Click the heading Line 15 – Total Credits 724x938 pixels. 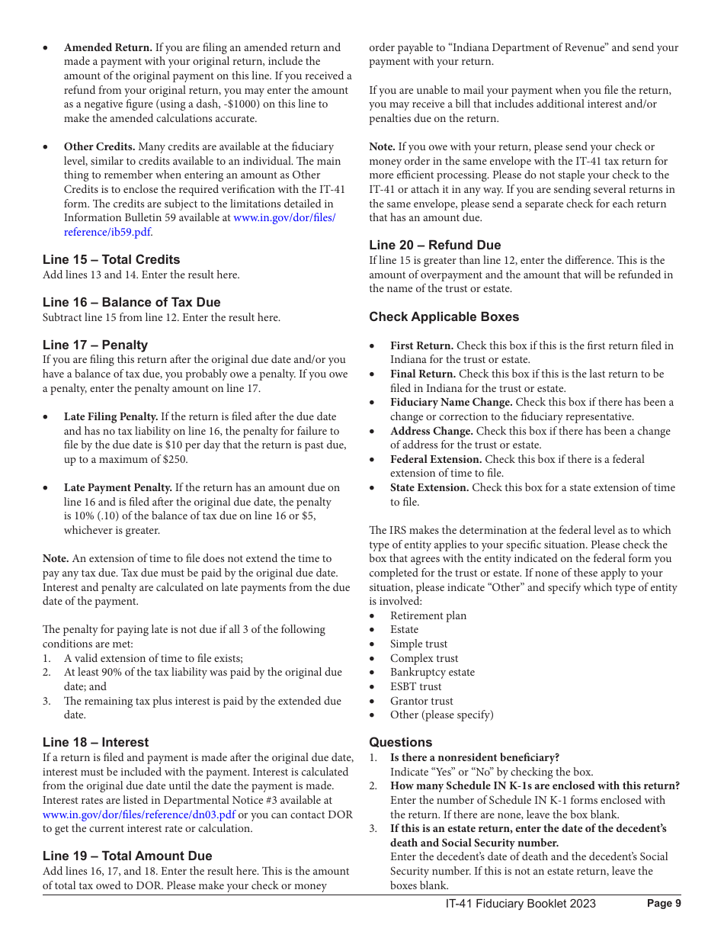point(111,259)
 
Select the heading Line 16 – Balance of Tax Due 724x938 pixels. point(131,302)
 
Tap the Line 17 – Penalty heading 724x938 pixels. point(95,345)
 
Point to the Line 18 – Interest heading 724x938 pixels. point(95,742)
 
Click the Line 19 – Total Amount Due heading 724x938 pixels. point(127,856)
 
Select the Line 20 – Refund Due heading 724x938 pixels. point(435,245)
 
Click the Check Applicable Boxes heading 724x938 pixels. point(444,316)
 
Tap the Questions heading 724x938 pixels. point(400,742)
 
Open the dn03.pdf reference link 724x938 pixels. point(139,814)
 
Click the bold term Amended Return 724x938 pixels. point(107,47)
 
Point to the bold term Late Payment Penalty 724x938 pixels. point(117,487)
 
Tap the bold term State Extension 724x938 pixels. point(429,487)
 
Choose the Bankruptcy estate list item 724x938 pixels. point(432,672)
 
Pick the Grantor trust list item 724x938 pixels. point(421,701)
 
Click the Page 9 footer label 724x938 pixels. point(664,903)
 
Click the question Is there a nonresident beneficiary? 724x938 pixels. point(475,757)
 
